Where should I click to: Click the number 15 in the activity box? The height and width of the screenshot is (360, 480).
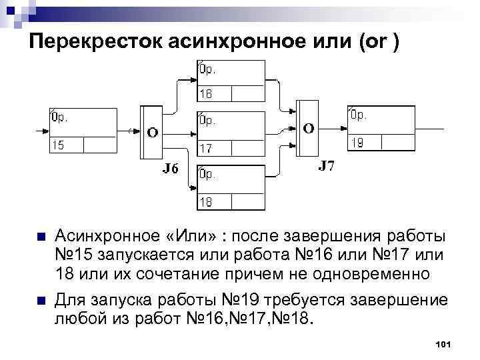59,144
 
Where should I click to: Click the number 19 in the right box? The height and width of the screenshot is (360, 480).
357,143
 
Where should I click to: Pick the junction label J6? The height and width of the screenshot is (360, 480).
171,169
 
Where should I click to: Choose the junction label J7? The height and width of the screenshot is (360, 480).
326,165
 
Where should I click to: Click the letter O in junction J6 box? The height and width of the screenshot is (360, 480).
153,132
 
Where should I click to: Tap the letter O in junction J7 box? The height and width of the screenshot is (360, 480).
309,127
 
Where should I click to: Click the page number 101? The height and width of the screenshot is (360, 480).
443,344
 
